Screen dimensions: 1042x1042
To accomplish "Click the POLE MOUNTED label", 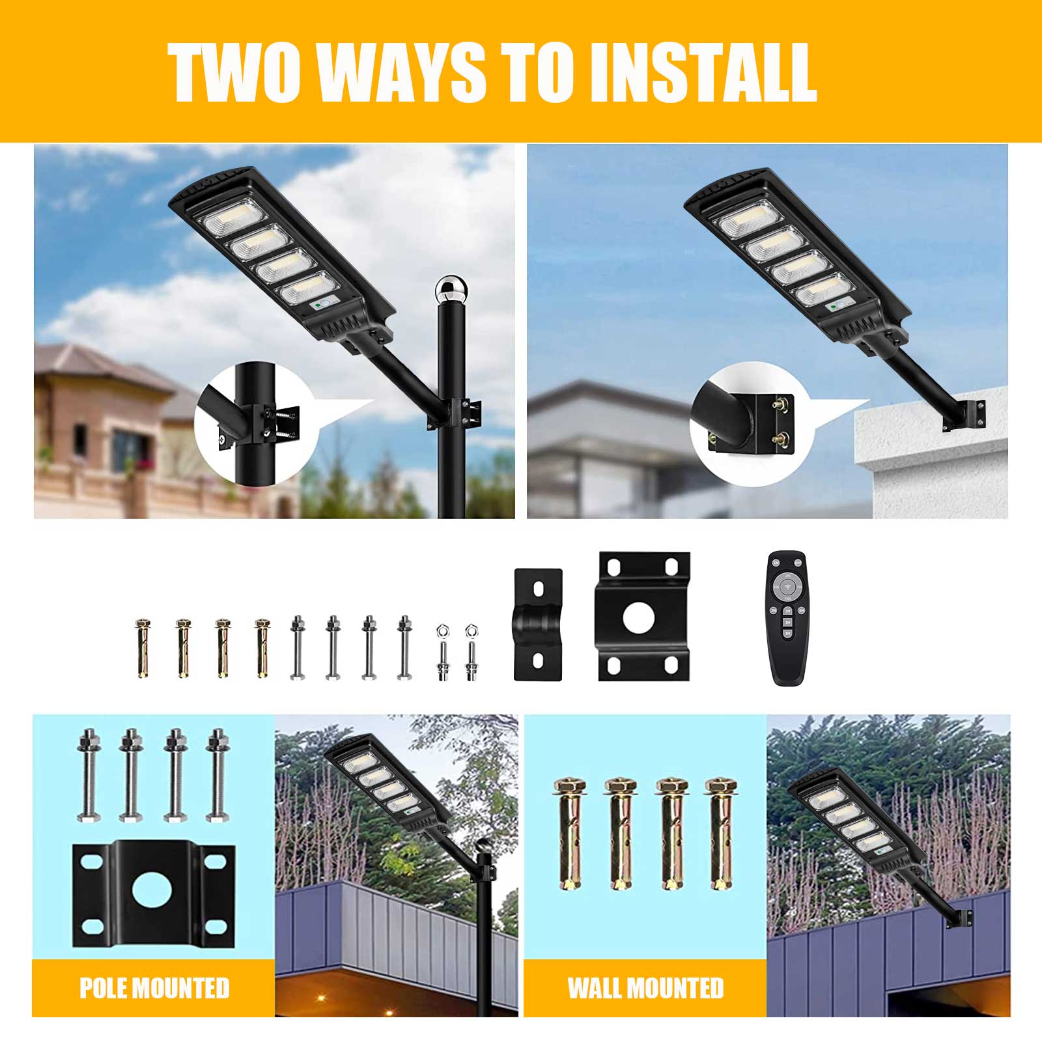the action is tap(154, 988).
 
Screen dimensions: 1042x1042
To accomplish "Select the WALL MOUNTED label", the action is tap(645, 988).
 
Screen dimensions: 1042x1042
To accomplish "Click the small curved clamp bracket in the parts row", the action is tap(538, 625).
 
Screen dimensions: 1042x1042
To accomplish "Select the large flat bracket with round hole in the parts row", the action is tap(643, 617).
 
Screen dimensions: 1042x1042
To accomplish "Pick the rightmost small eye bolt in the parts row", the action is tap(471, 653).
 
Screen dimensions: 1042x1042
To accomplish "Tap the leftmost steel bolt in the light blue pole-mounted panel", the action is tap(89, 775).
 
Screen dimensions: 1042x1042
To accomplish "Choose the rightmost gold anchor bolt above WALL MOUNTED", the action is tap(721, 834).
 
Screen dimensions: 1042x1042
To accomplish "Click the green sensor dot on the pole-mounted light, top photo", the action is tap(317, 304).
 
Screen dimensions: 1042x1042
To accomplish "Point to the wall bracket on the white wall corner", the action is tap(965, 415).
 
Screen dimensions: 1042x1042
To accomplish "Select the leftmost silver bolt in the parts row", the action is tap(298, 647).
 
